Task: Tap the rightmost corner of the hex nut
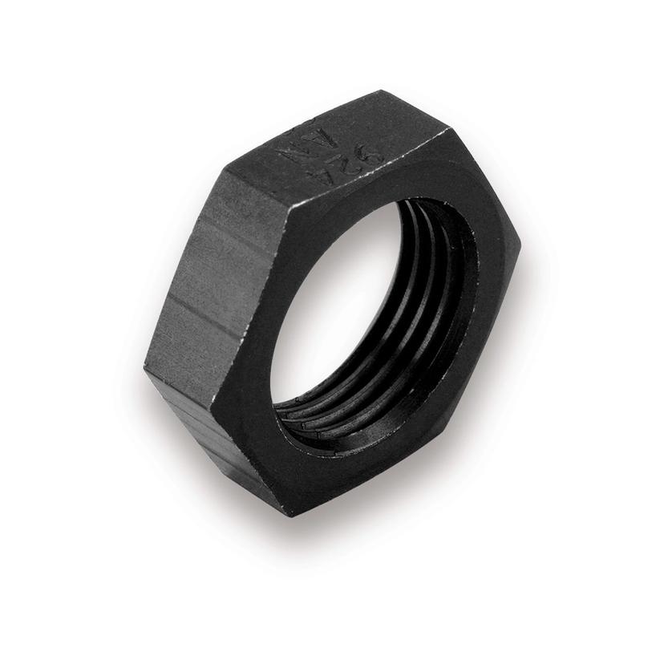point(520,241)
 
